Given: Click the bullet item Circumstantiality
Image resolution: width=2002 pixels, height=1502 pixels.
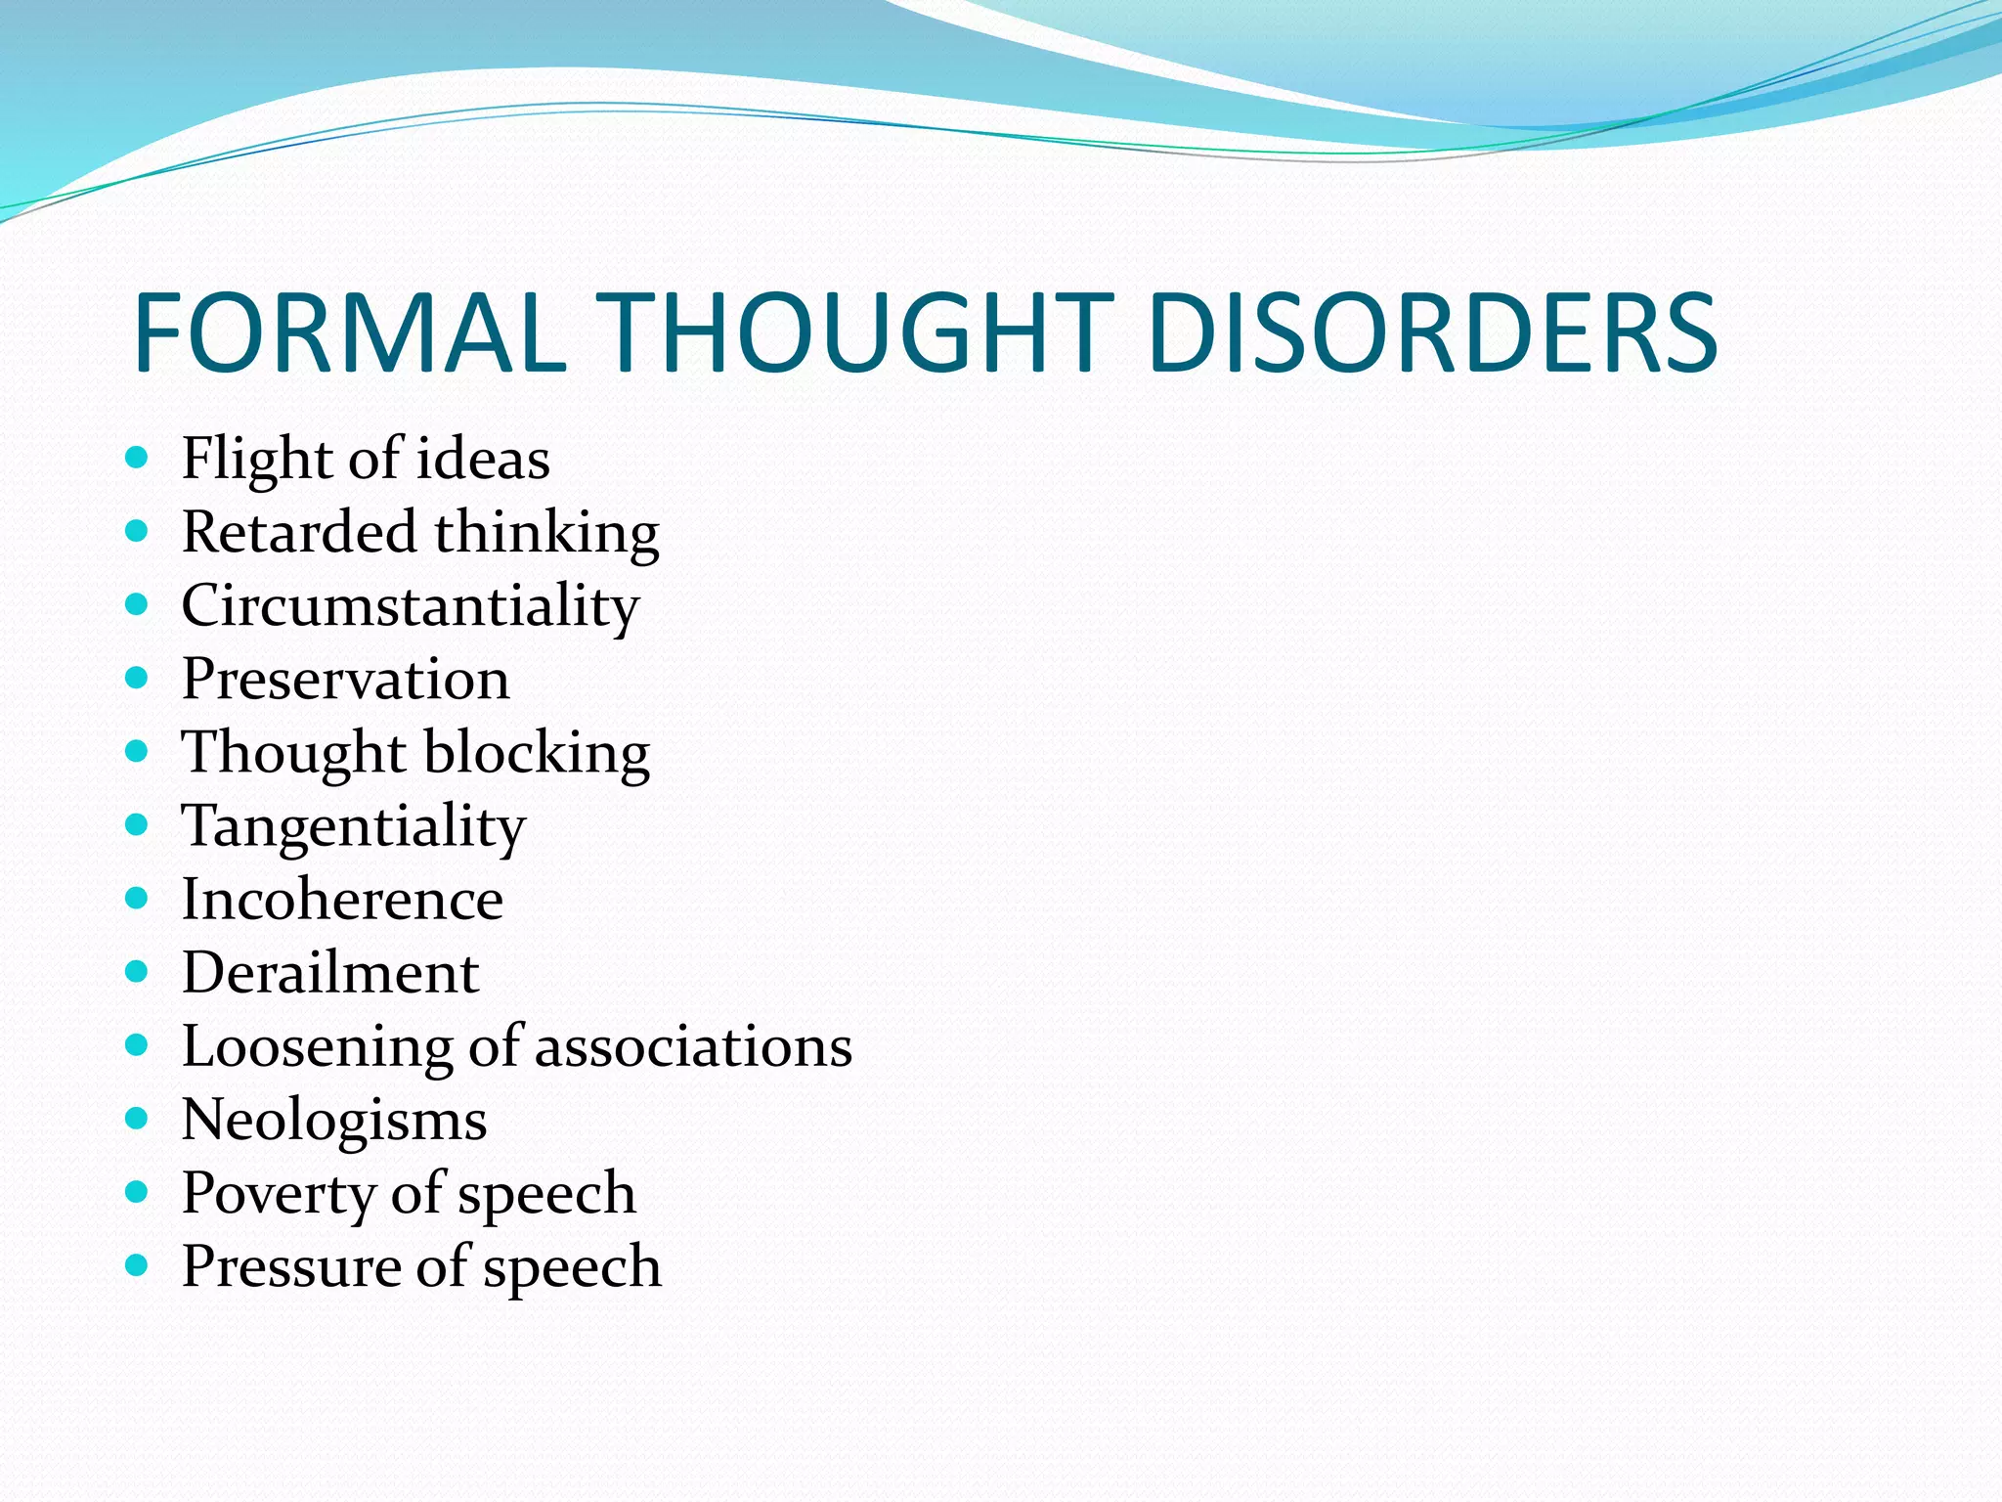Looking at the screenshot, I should pyautogui.click(x=411, y=606).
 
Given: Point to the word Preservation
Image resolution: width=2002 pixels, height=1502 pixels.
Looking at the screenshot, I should pyautogui.click(x=345, y=679).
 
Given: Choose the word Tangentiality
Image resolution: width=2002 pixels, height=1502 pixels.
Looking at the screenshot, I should pyautogui.click(x=353, y=827).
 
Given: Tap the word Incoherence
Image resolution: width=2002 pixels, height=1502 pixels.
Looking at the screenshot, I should pyautogui.click(x=342, y=900).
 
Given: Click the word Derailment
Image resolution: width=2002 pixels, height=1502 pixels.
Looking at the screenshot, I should pyautogui.click(x=330, y=973).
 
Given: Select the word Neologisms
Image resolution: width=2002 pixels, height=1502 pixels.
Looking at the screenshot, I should pyautogui.click(x=334, y=1121).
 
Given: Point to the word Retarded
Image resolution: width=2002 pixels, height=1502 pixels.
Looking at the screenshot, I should pyautogui.click(x=299, y=533).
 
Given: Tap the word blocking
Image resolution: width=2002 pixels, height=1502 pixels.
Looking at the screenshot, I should pyautogui.click(x=537, y=754).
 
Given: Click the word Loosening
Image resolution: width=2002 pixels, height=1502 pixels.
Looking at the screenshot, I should pyautogui.click(x=317, y=1047).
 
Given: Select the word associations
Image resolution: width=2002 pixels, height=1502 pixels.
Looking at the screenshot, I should pyautogui.click(x=693, y=1047).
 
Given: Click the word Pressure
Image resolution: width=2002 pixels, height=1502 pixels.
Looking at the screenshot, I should pyautogui.click(x=290, y=1267).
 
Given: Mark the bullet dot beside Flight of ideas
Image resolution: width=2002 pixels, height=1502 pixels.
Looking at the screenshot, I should pyautogui.click(x=137, y=457).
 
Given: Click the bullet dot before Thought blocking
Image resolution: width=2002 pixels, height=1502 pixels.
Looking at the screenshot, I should pyautogui.click(x=137, y=751).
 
